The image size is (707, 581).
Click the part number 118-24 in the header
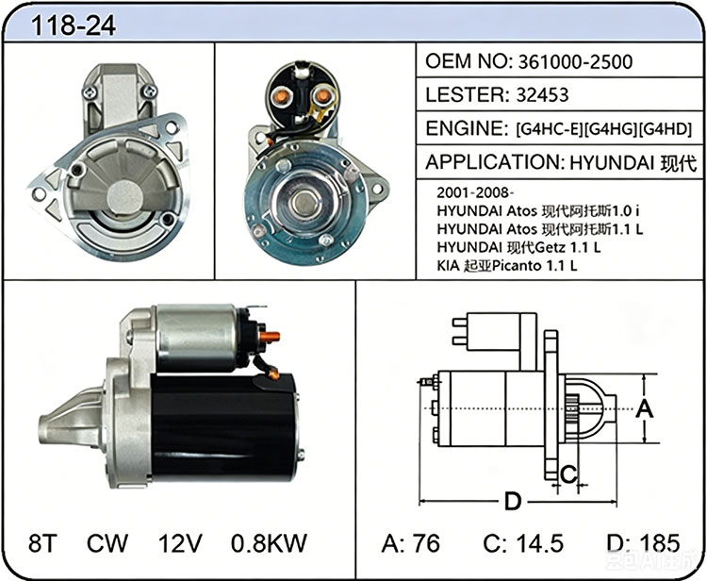click(73, 25)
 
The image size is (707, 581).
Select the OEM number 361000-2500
click(575, 62)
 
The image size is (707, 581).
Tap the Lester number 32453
click(542, 95)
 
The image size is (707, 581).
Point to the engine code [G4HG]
click(611, 129)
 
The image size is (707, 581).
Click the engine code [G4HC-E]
click(550, 129)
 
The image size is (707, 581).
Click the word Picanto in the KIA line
click(517, 266)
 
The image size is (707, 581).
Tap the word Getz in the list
click(550, 247)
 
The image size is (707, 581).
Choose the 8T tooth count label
click(42, 543)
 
